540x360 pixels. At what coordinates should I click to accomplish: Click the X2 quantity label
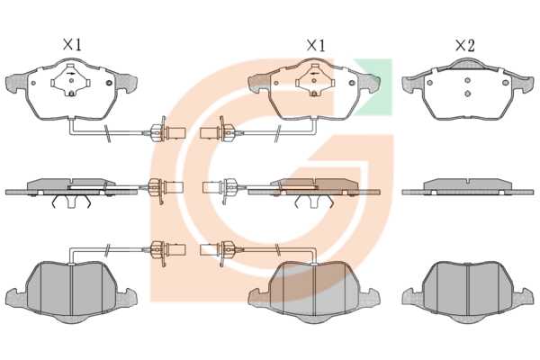point(465,46)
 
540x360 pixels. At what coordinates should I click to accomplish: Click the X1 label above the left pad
point(72,45)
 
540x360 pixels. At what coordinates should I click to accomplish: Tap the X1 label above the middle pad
point(316,46)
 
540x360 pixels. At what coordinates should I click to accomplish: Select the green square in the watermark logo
point(373,86)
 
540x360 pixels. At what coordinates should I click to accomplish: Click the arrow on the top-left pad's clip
point(71,74)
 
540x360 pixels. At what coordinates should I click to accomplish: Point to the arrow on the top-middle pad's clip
point(314,74)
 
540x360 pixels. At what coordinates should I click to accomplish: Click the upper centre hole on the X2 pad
point(467,81)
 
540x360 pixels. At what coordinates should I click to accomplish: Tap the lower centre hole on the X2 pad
point(467,94)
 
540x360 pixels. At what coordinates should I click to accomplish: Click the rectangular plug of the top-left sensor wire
point(176,132)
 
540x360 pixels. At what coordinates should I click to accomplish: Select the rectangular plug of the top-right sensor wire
point(210,132)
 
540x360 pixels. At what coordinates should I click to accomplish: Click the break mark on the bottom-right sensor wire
point(277,250)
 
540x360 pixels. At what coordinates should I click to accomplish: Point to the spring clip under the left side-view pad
point(71,202)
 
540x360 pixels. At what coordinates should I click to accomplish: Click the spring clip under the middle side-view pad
point(314,202)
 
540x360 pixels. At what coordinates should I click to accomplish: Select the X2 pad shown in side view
point(468,187)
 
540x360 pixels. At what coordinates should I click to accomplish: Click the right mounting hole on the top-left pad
point(109,83)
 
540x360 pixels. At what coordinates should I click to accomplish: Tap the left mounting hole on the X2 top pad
point(429,83)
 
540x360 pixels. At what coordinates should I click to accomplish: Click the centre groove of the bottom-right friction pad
point(468,290)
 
